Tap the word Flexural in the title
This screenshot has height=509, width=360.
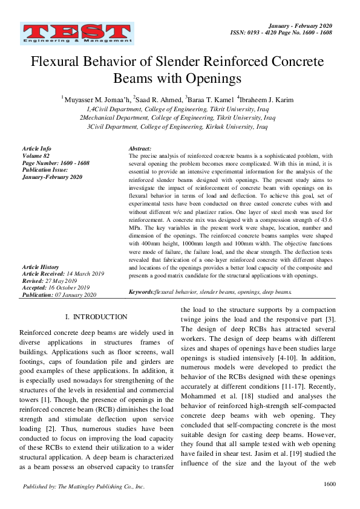click(56, 62)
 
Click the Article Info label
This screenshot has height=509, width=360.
click(36, 149)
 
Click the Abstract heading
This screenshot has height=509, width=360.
click(140, 149)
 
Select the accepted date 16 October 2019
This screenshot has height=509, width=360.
click(72, 288)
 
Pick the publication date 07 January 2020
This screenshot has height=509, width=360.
click(76, 295)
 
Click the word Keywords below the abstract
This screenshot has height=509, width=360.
click(142, 292)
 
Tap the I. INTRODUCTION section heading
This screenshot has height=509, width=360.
click(96, 317)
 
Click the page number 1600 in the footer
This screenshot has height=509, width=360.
click(330, 484)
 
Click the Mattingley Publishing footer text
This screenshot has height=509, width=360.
click(83, 487)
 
